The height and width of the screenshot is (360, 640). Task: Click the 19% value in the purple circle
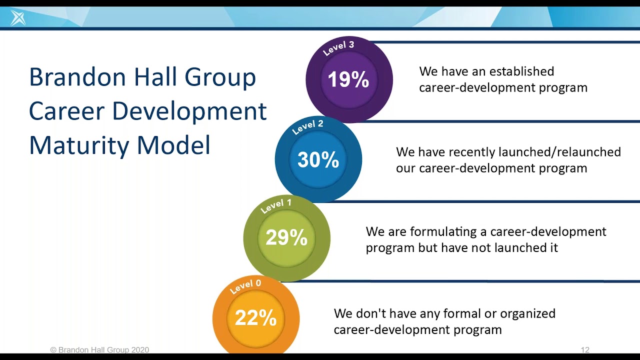point(348,80)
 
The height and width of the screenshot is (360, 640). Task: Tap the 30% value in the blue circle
point(318,160)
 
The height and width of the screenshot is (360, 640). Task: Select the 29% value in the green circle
point(286,238)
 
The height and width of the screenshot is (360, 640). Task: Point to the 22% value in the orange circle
point(255,318)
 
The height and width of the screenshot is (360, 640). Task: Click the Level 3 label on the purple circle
point(338,48)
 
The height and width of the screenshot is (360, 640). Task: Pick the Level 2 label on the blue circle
point(307,127)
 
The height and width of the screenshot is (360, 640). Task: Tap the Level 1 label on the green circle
point(276,205)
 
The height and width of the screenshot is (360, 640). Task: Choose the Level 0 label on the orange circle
point(245,286)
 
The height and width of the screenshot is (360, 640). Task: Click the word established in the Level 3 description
point(520,71)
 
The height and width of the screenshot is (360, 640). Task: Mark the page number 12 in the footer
point(585,350)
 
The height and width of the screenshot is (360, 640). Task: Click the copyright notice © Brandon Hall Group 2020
point(99,350)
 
